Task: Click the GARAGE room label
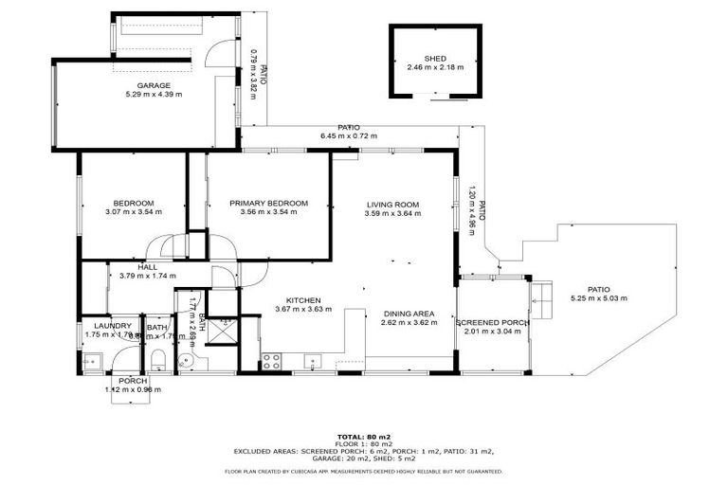[153, 85]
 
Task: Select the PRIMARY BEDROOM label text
[269, 203]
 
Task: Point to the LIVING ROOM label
[392, 204]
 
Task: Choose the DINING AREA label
[409, 314]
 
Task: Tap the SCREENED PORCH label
[492, 323]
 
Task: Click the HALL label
[147, 267]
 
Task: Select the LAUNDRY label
[112, 325]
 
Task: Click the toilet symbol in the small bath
[158, 359]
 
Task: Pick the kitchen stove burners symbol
[270, 361]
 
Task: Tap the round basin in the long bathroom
[187, 361]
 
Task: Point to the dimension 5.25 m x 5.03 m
[597, 298]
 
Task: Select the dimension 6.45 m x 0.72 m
[348, 136]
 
